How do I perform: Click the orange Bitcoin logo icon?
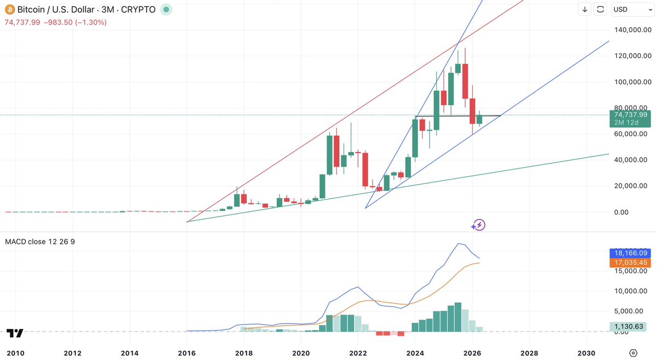coord(9,10)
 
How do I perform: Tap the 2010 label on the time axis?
coord(15,353)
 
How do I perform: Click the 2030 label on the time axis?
coord(586,353)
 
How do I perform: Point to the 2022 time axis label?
coord(358,353)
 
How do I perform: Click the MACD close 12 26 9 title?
coord(40,242)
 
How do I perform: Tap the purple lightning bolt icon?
coord(479,225)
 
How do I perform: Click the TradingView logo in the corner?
coord(15,333)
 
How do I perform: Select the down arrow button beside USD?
coord(585,9)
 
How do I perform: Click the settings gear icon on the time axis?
coord(633,352)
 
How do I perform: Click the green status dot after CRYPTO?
coord(166,10)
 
